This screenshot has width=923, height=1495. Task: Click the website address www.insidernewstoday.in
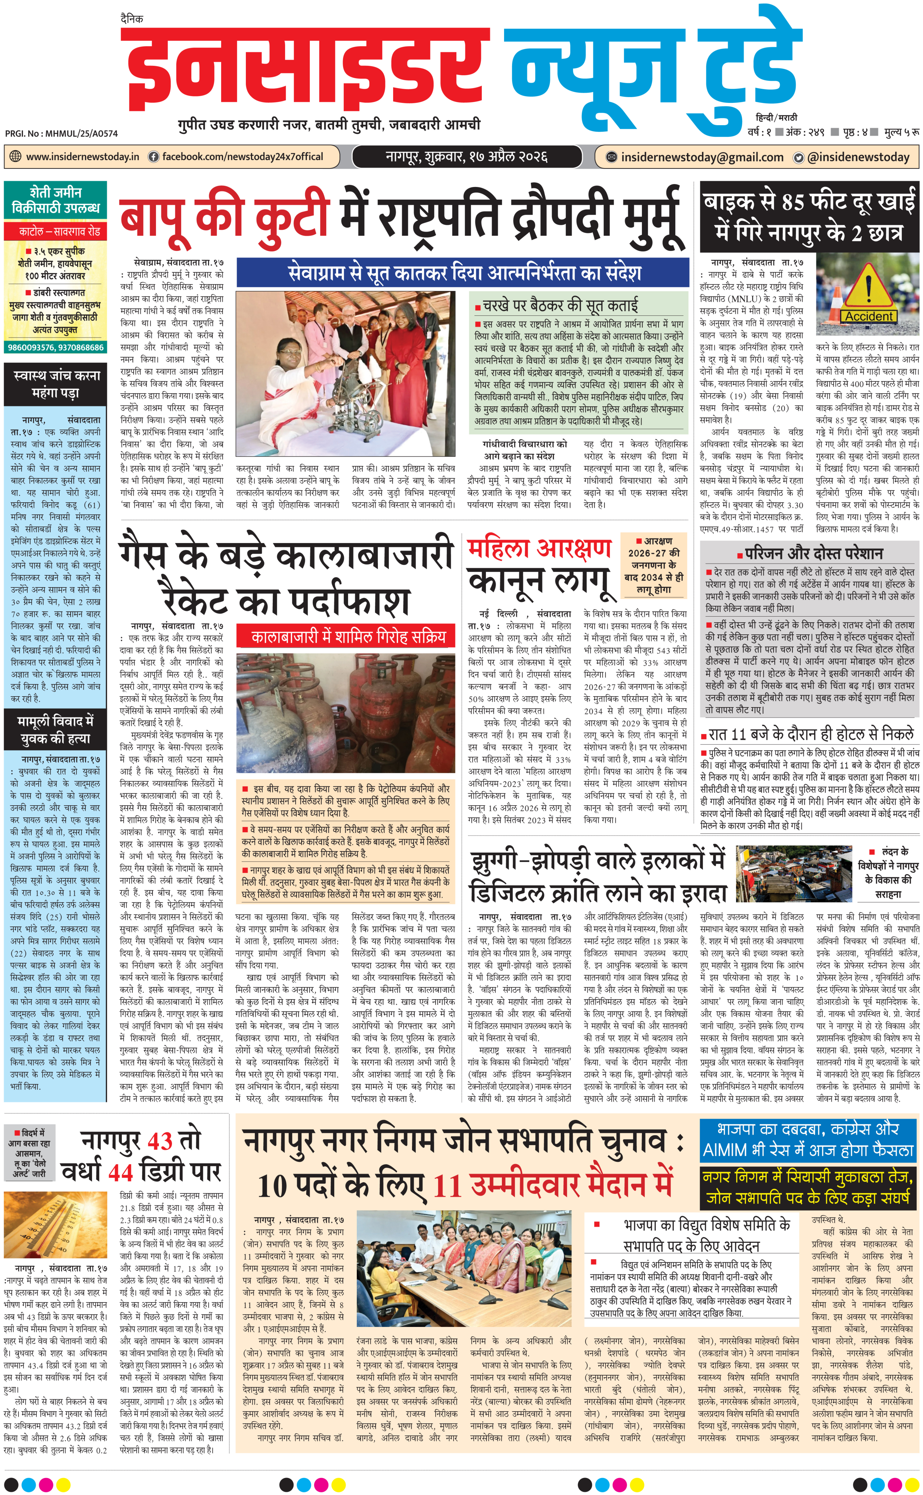(x=83, y=157)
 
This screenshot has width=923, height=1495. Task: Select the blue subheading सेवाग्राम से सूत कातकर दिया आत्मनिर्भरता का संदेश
(x=464, y=272)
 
